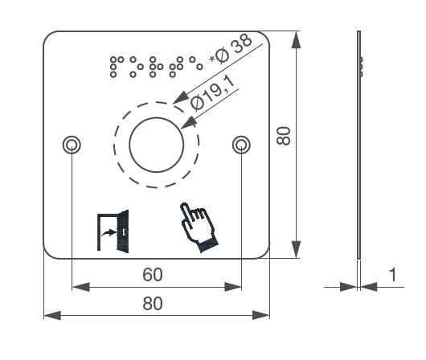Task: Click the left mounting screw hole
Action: click(x=72, y=145)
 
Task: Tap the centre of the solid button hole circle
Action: click(x=157, y=145)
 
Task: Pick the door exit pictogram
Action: click(x=112, y=231)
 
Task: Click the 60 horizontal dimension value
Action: click(x=153, y=275)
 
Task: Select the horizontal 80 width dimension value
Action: click(x=153, y=305)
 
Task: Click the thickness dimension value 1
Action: click(x=392, y=275)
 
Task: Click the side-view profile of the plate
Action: click(x=358, y=145)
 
